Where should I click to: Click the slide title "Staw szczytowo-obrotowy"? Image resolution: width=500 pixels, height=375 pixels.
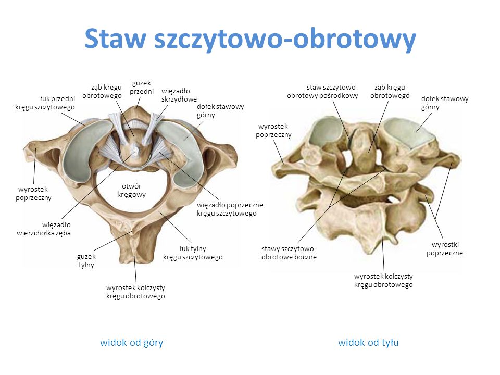(251, 40)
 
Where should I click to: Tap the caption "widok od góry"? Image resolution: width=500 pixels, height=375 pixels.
(132, 343)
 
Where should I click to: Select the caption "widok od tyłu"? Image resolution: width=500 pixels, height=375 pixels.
(368, 343)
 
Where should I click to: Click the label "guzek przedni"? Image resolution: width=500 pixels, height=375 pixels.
(142, 87)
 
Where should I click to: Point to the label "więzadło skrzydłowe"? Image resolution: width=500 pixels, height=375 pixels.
(179, 95)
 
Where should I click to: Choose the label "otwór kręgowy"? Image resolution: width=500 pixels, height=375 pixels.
(131, 190)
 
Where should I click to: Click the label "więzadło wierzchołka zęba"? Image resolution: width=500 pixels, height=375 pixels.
(44, 229)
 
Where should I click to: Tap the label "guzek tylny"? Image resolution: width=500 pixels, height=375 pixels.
(86, 260)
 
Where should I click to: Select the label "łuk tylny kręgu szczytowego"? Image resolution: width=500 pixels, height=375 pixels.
(193, 253)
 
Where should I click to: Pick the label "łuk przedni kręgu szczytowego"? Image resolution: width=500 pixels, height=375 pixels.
(45, 103)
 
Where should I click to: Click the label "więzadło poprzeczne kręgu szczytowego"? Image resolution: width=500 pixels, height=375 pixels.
(230, 209)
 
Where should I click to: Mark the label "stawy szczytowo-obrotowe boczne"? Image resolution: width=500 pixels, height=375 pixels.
(289, 253)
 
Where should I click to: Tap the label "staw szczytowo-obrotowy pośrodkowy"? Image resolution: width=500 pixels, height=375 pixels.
(322, 91)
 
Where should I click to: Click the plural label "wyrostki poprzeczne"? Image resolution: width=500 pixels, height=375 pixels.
(445, 249)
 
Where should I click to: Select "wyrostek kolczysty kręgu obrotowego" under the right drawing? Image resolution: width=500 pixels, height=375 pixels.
(383, 280)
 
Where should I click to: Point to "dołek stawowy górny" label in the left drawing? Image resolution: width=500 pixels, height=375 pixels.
(220, 110)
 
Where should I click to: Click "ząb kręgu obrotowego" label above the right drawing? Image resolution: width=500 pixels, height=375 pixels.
(390, 91)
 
